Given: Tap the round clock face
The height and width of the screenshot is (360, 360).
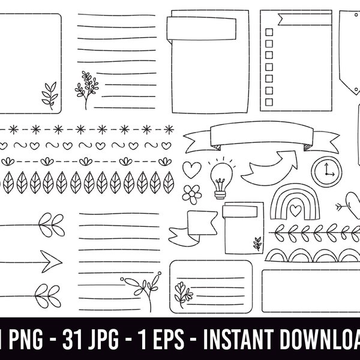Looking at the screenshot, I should point(325,170).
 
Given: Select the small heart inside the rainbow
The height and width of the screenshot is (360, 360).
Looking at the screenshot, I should point(294,211).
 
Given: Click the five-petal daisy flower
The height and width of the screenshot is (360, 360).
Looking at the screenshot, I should point(191,193).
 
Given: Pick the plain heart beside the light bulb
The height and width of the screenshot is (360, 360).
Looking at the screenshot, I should point(191,169).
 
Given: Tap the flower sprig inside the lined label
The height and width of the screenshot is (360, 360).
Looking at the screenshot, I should point(182,293).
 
